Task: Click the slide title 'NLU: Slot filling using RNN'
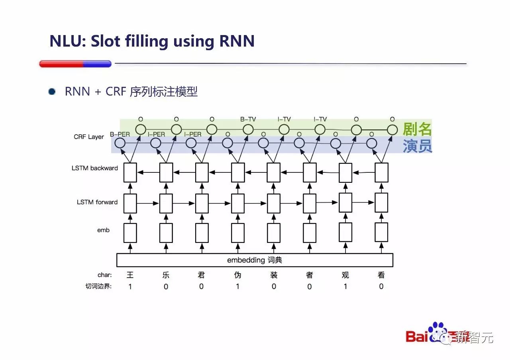(152, 41)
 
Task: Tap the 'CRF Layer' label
(89, 137)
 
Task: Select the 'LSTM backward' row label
(95, 168)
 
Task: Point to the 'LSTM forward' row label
(97, 202)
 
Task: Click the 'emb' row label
(103, 230)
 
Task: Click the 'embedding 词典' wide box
(255, 260)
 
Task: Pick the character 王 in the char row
(130, 275)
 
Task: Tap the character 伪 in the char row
(237, 275)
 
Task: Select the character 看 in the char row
(381, 275)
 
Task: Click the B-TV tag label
(248, 119)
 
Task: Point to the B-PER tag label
(120, 135)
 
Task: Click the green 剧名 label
(417, 129)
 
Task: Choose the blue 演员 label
(417, 146)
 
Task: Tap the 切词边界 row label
(99, 286)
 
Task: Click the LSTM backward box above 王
(130, 172)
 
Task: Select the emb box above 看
(381, 233)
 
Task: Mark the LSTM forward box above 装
(274, 203)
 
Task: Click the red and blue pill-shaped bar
(75, 64)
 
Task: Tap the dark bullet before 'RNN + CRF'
(52, 92)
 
